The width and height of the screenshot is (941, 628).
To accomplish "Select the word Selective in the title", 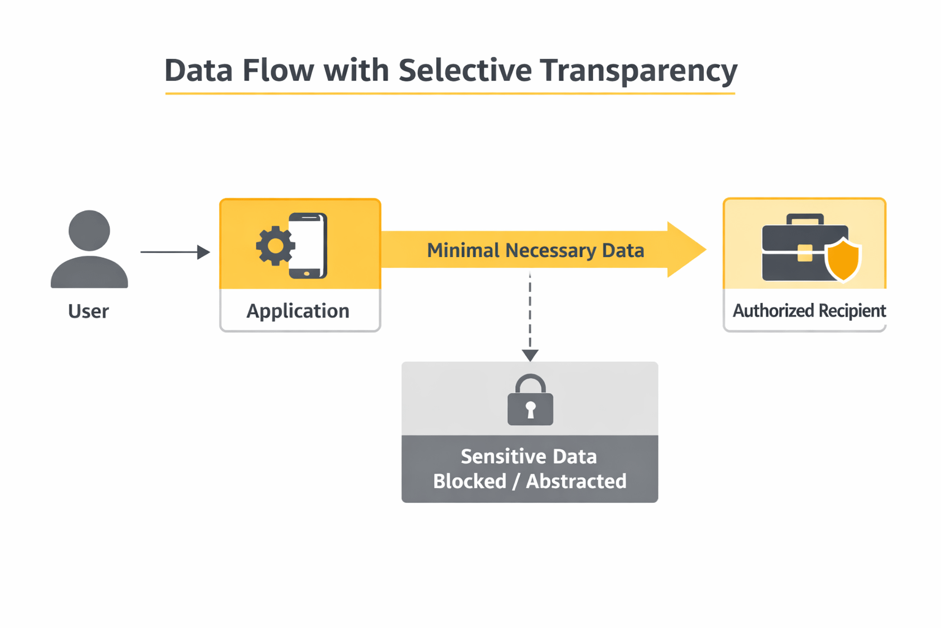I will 465,70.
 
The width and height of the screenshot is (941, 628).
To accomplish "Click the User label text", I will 88,312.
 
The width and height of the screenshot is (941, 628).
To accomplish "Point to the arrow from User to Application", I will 175,252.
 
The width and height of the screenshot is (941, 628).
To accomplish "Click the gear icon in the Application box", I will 275,246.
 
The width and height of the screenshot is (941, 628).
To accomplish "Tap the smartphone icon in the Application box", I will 308,245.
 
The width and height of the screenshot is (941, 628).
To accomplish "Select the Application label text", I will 298,311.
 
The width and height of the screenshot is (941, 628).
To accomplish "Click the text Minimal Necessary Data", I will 535,250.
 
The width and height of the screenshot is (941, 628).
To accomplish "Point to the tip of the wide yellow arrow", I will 703,250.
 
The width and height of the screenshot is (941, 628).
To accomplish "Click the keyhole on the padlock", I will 531,409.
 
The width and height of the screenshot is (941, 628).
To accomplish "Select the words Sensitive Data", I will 529,457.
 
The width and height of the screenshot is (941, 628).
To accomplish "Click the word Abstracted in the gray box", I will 576,481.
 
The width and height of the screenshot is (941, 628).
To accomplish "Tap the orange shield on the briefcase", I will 843,259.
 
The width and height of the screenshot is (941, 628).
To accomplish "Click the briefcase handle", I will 804,219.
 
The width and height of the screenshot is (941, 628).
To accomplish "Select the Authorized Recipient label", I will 809,311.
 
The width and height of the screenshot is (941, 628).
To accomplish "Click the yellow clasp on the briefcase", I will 804,253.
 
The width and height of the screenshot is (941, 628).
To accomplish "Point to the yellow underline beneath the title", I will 450,94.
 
